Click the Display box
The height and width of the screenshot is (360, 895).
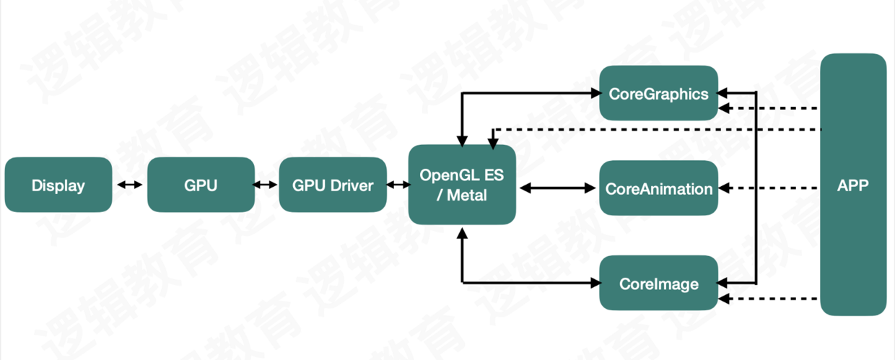[x=58, y=185]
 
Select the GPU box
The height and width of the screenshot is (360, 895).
[x=201, y=185]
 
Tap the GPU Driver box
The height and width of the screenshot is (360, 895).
[x=333, y=185]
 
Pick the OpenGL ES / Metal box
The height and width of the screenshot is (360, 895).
[x=462, y=185]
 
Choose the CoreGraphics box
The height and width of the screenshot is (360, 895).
[x=658, y=93]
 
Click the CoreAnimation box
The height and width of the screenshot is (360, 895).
[x=658, y=188]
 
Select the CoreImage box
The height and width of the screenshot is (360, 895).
[x=658, y=283]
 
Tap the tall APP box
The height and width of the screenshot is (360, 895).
[x=853, y=185]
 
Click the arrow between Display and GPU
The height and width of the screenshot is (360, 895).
[x=130, y=185]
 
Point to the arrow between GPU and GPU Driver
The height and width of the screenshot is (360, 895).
[x=265, y=185]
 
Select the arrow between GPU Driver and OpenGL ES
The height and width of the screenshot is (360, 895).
[x=398, y=185]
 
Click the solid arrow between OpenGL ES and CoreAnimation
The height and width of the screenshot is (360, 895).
[x=558, y=188]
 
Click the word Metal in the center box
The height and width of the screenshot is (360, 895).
[x=467, y=196]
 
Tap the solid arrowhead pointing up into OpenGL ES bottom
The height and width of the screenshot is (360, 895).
[x=462, y=233]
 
